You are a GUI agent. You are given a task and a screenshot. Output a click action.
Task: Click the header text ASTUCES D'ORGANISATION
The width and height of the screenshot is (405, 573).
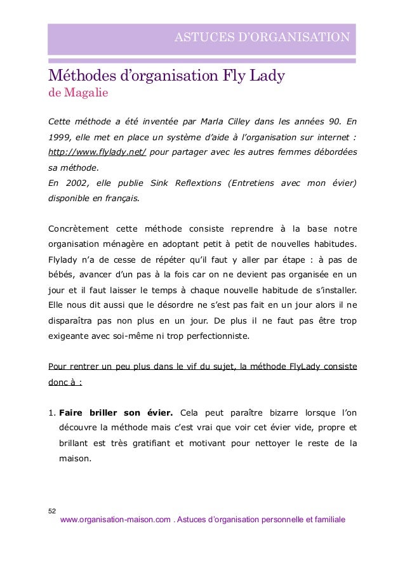[x=262, y=37]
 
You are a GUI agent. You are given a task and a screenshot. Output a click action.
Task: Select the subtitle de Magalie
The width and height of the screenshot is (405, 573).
[x=79, y=94]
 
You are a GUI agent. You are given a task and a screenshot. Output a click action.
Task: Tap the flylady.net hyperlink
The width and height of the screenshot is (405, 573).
[x=98, y=153]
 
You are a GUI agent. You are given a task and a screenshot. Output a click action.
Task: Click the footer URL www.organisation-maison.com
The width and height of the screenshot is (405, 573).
[x=115, y=520]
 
